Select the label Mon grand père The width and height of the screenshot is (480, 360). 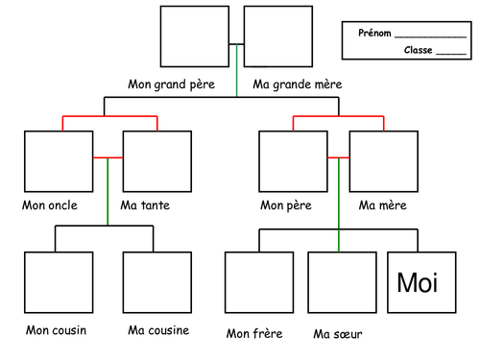[x=179, y=84]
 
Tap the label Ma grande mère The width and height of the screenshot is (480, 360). [x=297, y=84]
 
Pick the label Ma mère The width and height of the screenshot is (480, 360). [x=382, y=205]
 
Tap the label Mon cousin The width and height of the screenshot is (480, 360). [x=57, y=331]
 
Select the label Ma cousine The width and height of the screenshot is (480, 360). [x=158, y=330]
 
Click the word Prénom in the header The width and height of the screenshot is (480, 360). [x=374, y=33]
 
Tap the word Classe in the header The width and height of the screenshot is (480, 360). [x=419, y=50]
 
